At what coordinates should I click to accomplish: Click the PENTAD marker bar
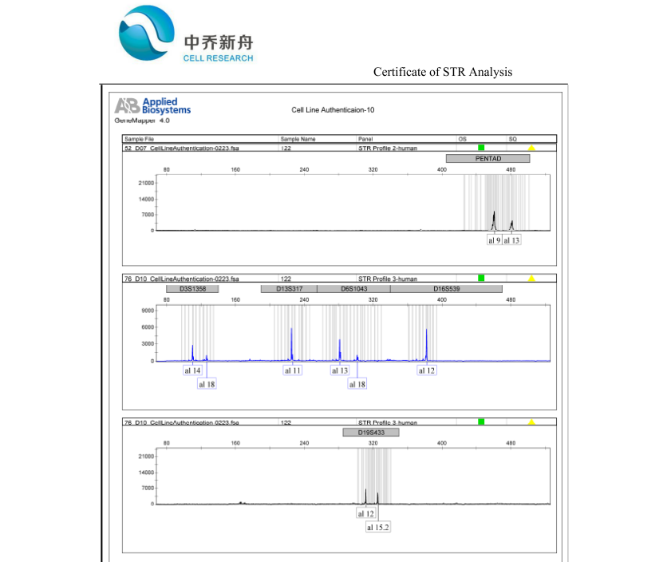(x=487, y=158)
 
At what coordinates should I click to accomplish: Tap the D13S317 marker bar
(x=289, y=289)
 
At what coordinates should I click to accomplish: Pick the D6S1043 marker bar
(x=353, y=289)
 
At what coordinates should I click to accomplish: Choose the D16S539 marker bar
(x=446, y=289)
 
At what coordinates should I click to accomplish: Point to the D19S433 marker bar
(x=370, y=433)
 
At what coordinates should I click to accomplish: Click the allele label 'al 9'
(x=494, y=240)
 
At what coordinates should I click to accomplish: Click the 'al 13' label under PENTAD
(x=511, y=240)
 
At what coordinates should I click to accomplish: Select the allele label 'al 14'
(x=192, y=371)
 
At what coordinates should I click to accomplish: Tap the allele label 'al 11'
(x=293, y=371)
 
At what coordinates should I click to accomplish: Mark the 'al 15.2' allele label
(x=378, y=528)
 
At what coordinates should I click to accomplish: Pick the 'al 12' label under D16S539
(x=427, y=371)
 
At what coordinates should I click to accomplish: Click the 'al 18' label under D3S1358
(x=207, y=385)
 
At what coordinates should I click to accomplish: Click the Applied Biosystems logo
(x=153, y=107)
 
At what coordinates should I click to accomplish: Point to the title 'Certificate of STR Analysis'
(x=443, y=72)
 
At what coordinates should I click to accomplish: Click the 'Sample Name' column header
(x=298, y=139)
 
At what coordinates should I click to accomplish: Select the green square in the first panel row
(x=481, y=148)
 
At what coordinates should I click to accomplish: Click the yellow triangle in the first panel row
(x=531, y=148)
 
